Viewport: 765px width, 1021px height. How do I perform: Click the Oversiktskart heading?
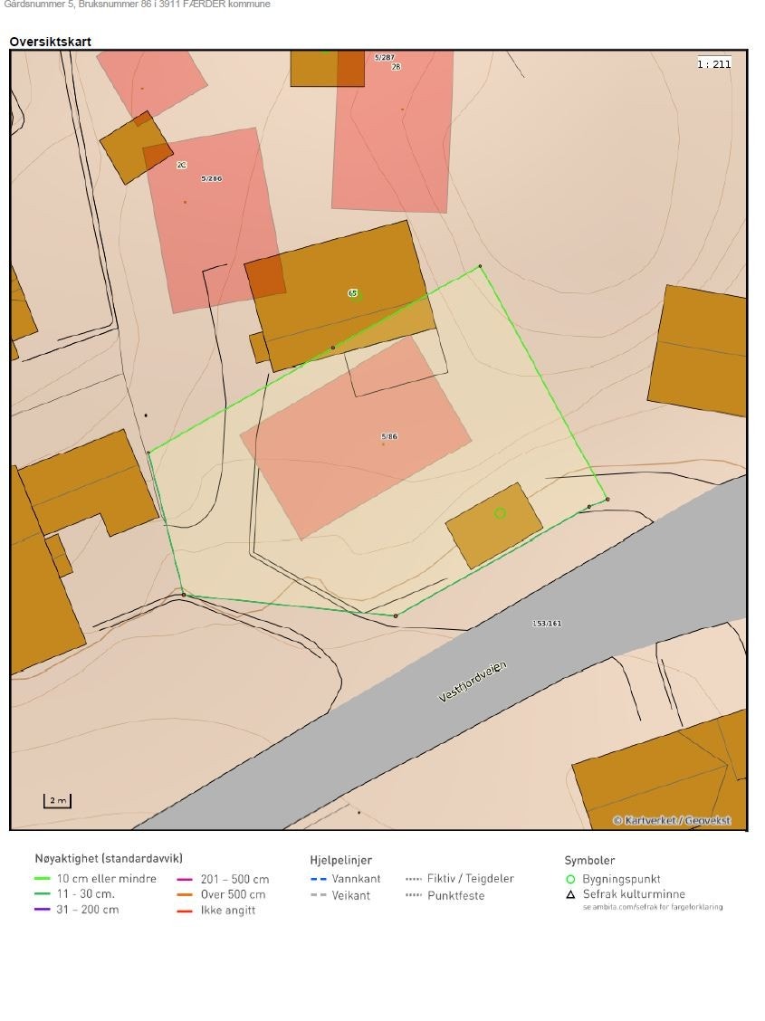point(50,42)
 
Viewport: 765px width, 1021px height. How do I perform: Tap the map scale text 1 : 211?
point(713,63)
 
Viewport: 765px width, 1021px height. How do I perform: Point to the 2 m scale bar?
point(57,801)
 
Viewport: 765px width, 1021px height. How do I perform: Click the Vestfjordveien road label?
point(473,682)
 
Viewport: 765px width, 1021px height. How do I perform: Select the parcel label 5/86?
point(389,436)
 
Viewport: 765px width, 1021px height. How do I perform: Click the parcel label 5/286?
point(211,178)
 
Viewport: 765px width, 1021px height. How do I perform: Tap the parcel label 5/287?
point(384,57)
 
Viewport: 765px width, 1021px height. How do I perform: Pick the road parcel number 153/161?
point(547,623)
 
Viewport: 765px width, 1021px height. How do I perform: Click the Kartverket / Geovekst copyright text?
point(672,820)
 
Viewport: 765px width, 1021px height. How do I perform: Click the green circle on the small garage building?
point(500,513)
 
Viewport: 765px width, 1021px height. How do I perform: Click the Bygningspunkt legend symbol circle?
point(570,879)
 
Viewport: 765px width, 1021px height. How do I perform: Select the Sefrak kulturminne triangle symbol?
point(570,894)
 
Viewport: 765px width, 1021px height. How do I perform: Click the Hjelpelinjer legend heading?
point(340,860)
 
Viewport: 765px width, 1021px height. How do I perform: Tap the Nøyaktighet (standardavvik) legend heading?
point(109,858)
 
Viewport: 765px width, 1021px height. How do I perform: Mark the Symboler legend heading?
point(589,860)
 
